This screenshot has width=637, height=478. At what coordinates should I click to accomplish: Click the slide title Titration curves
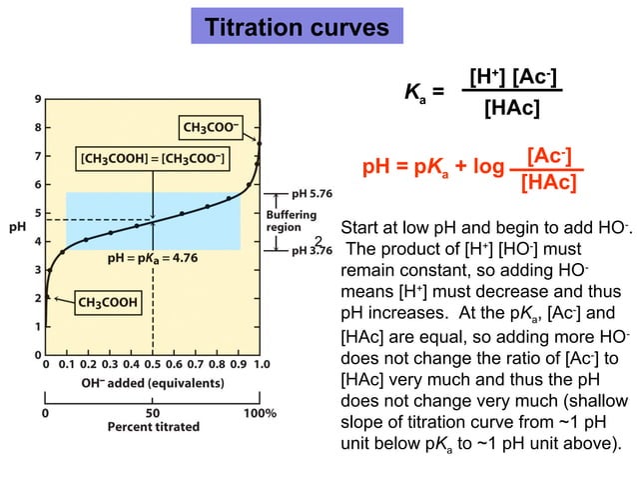[x=297, y=26]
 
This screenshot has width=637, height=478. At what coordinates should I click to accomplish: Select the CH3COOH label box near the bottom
[x=108, y=300]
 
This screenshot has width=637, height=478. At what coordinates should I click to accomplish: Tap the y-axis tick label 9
[x=37, y=99]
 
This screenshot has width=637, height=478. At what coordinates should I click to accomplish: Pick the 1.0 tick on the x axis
[x=261, y=366]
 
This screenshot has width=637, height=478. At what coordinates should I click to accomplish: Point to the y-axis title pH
[x=17, y=227]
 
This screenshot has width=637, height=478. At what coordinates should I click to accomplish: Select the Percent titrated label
[x=153, y=427]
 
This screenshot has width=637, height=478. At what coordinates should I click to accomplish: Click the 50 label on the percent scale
[x=153, y=411]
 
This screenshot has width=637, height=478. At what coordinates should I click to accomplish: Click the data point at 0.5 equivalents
[x=153, y=219]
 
